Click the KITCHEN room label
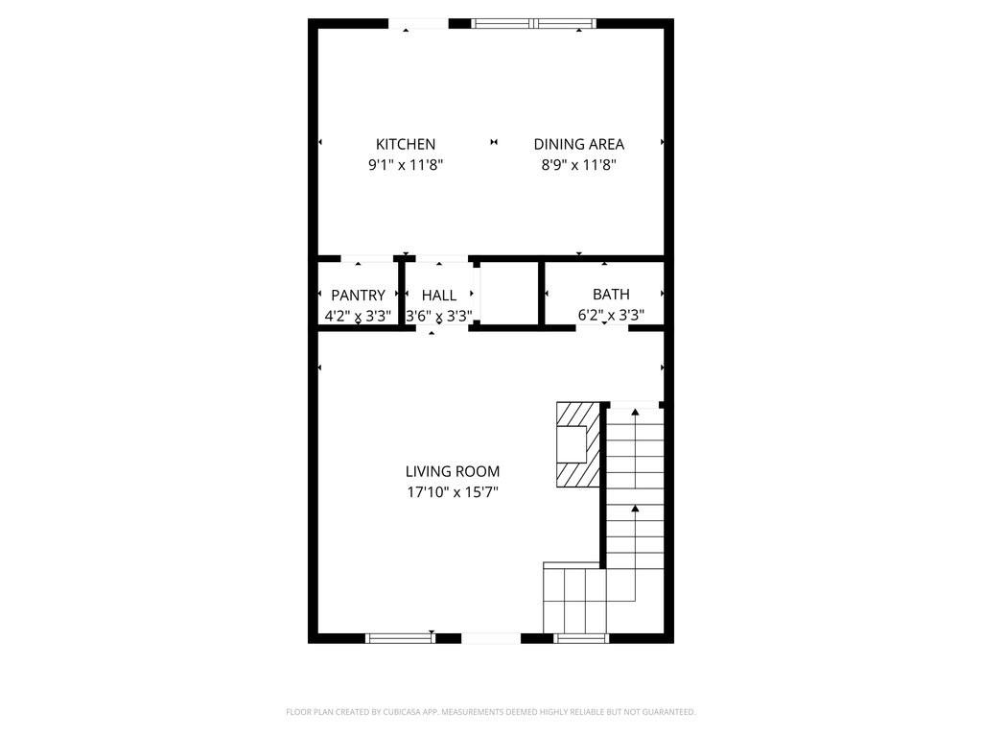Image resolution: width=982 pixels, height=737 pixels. [406, 144]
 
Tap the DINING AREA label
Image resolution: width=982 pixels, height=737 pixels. [578, 144]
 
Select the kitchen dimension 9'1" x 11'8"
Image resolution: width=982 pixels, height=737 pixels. [406, 165]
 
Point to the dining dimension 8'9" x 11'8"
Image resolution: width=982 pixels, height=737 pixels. [578, 165]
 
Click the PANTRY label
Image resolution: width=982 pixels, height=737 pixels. [358, 296]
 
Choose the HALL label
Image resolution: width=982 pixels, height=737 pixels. [439, 296]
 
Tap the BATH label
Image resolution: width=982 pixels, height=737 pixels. [611, 295]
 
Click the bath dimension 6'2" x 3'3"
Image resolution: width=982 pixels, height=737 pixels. [611, 315]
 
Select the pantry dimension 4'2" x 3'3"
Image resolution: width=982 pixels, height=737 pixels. [358, 315]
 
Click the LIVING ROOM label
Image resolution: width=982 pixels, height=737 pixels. [453, 471]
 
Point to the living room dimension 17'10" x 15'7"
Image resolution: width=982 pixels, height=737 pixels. [453, 492]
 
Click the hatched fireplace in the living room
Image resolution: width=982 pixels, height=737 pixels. [578, 442]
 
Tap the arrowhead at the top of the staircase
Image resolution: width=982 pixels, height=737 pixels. [634, 413]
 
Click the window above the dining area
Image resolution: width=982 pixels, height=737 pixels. [534, 24]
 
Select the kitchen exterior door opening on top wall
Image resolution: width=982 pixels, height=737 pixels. [417, 24]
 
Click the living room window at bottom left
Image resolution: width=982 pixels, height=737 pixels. [401, 637]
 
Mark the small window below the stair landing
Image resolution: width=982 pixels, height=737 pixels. [582, 637]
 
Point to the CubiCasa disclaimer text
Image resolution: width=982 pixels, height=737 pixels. [490, 712]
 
